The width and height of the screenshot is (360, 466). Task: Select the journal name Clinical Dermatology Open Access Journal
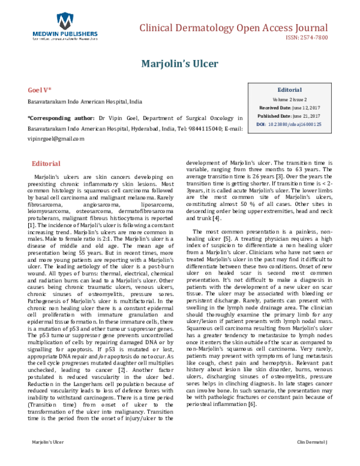point(233,28)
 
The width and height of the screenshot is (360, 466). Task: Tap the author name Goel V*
point(40,89)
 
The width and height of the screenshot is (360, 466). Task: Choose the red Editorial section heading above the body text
point(46,163)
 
